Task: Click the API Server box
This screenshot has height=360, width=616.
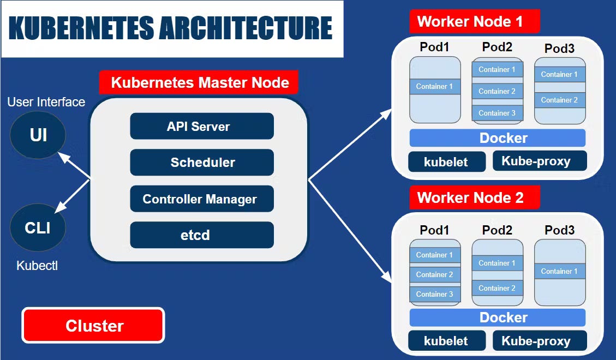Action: tap(201, 127)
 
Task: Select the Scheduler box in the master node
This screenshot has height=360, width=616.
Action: tap(201, 162)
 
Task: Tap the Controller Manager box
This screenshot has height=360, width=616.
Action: tap(201, 199)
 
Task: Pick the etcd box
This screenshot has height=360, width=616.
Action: tap(201, 235)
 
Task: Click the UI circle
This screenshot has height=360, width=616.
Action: tap(38, 134)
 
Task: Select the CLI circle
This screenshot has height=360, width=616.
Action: tap(38, 227)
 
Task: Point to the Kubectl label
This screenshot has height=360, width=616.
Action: tap(37, 266)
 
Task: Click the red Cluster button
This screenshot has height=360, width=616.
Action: tap(93, 326)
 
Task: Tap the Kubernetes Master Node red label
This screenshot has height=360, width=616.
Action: tap(199, 83)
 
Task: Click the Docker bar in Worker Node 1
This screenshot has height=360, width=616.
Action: tap(497, 138)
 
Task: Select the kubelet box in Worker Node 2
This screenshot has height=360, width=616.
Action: tap(446, 341)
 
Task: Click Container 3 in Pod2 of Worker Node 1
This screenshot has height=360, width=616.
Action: tap(497, 113)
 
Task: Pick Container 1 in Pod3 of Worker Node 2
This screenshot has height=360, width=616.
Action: tap(559, 271)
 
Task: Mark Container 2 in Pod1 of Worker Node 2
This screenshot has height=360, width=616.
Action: tap(435, 274)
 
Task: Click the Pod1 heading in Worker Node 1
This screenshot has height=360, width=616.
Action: tap(434, 47)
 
